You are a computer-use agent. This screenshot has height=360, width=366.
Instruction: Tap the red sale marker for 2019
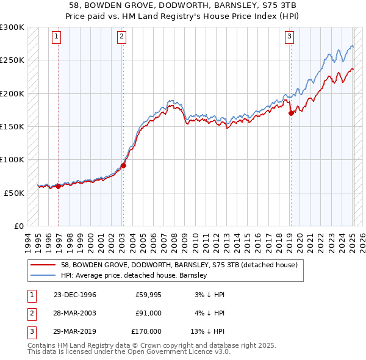pyautogui.click(x=291, y=112)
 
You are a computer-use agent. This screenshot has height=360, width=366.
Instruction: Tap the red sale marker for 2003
pyautogui.click(x=123, y=165)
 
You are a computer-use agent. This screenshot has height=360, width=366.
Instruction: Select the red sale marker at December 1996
pyautogui.click(x=58, y=186)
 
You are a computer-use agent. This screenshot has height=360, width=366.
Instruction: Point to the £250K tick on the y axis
pyautogui.click(x=12, y=60)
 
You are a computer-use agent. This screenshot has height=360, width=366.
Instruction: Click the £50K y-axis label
pyautogui.click(x=13, y=193)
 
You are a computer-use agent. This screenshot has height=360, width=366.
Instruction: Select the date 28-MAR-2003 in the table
pyautogui.click(x=74, y=313)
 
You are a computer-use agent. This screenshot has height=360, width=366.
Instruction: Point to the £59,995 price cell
pyautogui.click(x=147, y=295)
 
